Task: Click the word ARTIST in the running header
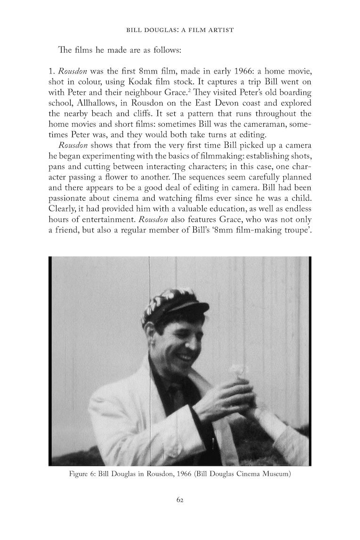[x=221, y=30]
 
